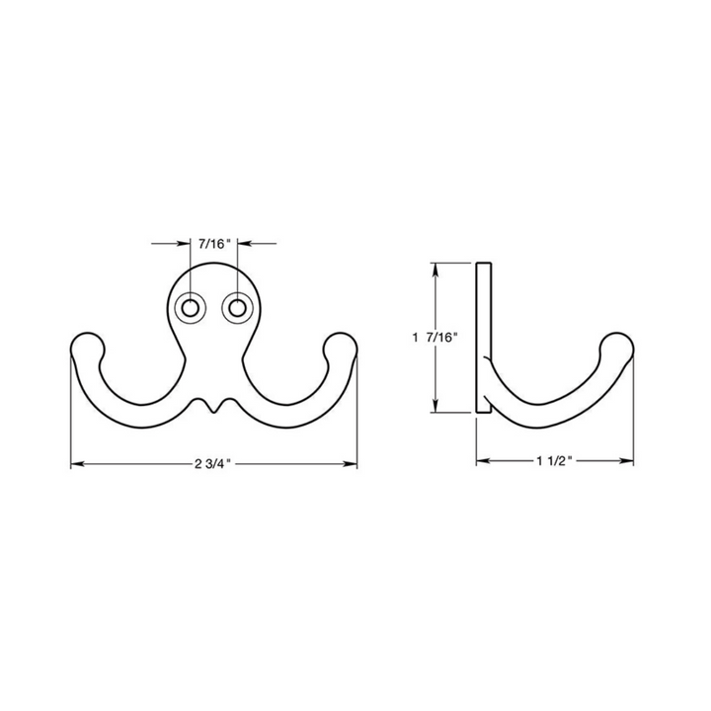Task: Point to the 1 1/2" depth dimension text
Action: pos(555,461)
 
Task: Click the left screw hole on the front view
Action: pos(188,309)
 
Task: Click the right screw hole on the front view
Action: pos(237,309)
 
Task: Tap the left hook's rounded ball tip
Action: pos(87,348)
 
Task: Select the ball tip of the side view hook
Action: pos(617,349)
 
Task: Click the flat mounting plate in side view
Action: pos(484,336)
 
